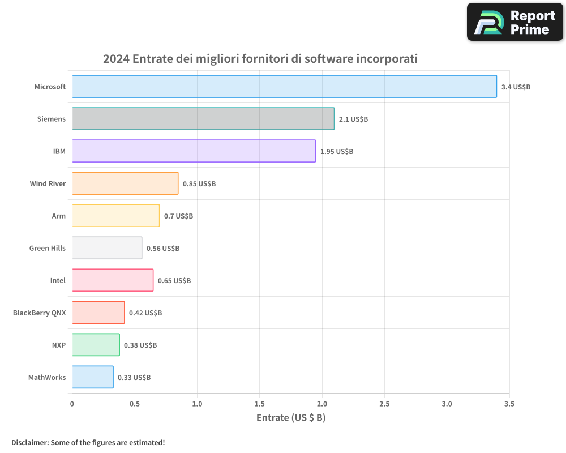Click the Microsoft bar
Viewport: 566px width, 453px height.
(284, 87)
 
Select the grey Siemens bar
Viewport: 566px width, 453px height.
(203, 119)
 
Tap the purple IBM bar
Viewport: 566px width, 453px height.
(194, 151)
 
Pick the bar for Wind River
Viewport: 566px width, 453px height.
(125, 183)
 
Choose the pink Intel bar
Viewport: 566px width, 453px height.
(113, 280)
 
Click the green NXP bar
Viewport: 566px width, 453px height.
(96, 345)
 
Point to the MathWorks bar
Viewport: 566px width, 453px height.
(92, 377)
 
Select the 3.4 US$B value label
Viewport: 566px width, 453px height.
(516, 87)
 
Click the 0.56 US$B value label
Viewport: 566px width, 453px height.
(163, 249)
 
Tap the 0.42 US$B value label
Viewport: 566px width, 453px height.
(145, 313)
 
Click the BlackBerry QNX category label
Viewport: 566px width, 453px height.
(39, 313)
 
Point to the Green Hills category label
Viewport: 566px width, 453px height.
(48, 248)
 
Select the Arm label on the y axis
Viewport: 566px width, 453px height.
(58, 216)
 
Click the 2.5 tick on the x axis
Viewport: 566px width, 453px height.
(384, 404)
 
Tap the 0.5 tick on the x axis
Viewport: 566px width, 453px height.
(135, 404)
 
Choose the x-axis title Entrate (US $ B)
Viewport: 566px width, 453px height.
(291, 418)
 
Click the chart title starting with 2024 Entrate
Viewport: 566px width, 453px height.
(260, 59)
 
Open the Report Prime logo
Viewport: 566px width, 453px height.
(515, 22)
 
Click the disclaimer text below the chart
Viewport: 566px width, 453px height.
(88, 442)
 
